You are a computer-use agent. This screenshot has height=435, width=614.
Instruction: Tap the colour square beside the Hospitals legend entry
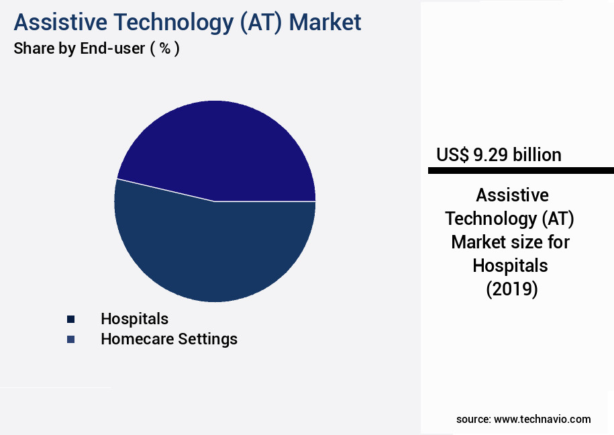pos(70,319)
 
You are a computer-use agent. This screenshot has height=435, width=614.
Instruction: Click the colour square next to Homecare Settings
pos(70,340)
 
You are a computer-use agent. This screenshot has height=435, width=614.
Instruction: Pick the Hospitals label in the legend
pos(134,319)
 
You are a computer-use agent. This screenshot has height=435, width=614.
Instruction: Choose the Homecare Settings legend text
pos(169,339)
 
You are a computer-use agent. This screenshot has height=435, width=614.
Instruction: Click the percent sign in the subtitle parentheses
pos(163,49)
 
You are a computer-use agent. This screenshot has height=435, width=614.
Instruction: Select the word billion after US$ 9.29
pos(538,155)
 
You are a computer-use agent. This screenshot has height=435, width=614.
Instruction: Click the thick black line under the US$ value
pos(521,171)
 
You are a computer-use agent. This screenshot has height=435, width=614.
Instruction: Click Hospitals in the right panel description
pos(510,266)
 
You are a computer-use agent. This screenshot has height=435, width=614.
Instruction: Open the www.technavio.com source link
pos(542,419)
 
